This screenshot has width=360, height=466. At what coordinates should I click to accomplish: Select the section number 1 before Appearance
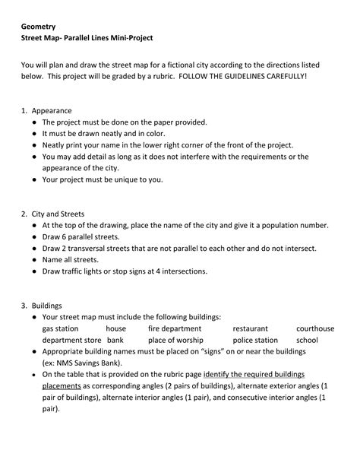point(23,109)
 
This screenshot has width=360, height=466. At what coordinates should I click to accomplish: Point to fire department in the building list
point(175,328)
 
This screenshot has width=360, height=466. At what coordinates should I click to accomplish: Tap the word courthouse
point(314,328)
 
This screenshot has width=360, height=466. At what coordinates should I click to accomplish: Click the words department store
point(71,341)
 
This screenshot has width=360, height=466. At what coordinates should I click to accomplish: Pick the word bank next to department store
point(115,341)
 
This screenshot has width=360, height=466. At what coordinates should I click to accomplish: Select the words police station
point(255,341)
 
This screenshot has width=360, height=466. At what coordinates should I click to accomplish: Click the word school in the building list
point(307,341)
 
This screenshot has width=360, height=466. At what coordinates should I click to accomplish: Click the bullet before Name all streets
point(35,259)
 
